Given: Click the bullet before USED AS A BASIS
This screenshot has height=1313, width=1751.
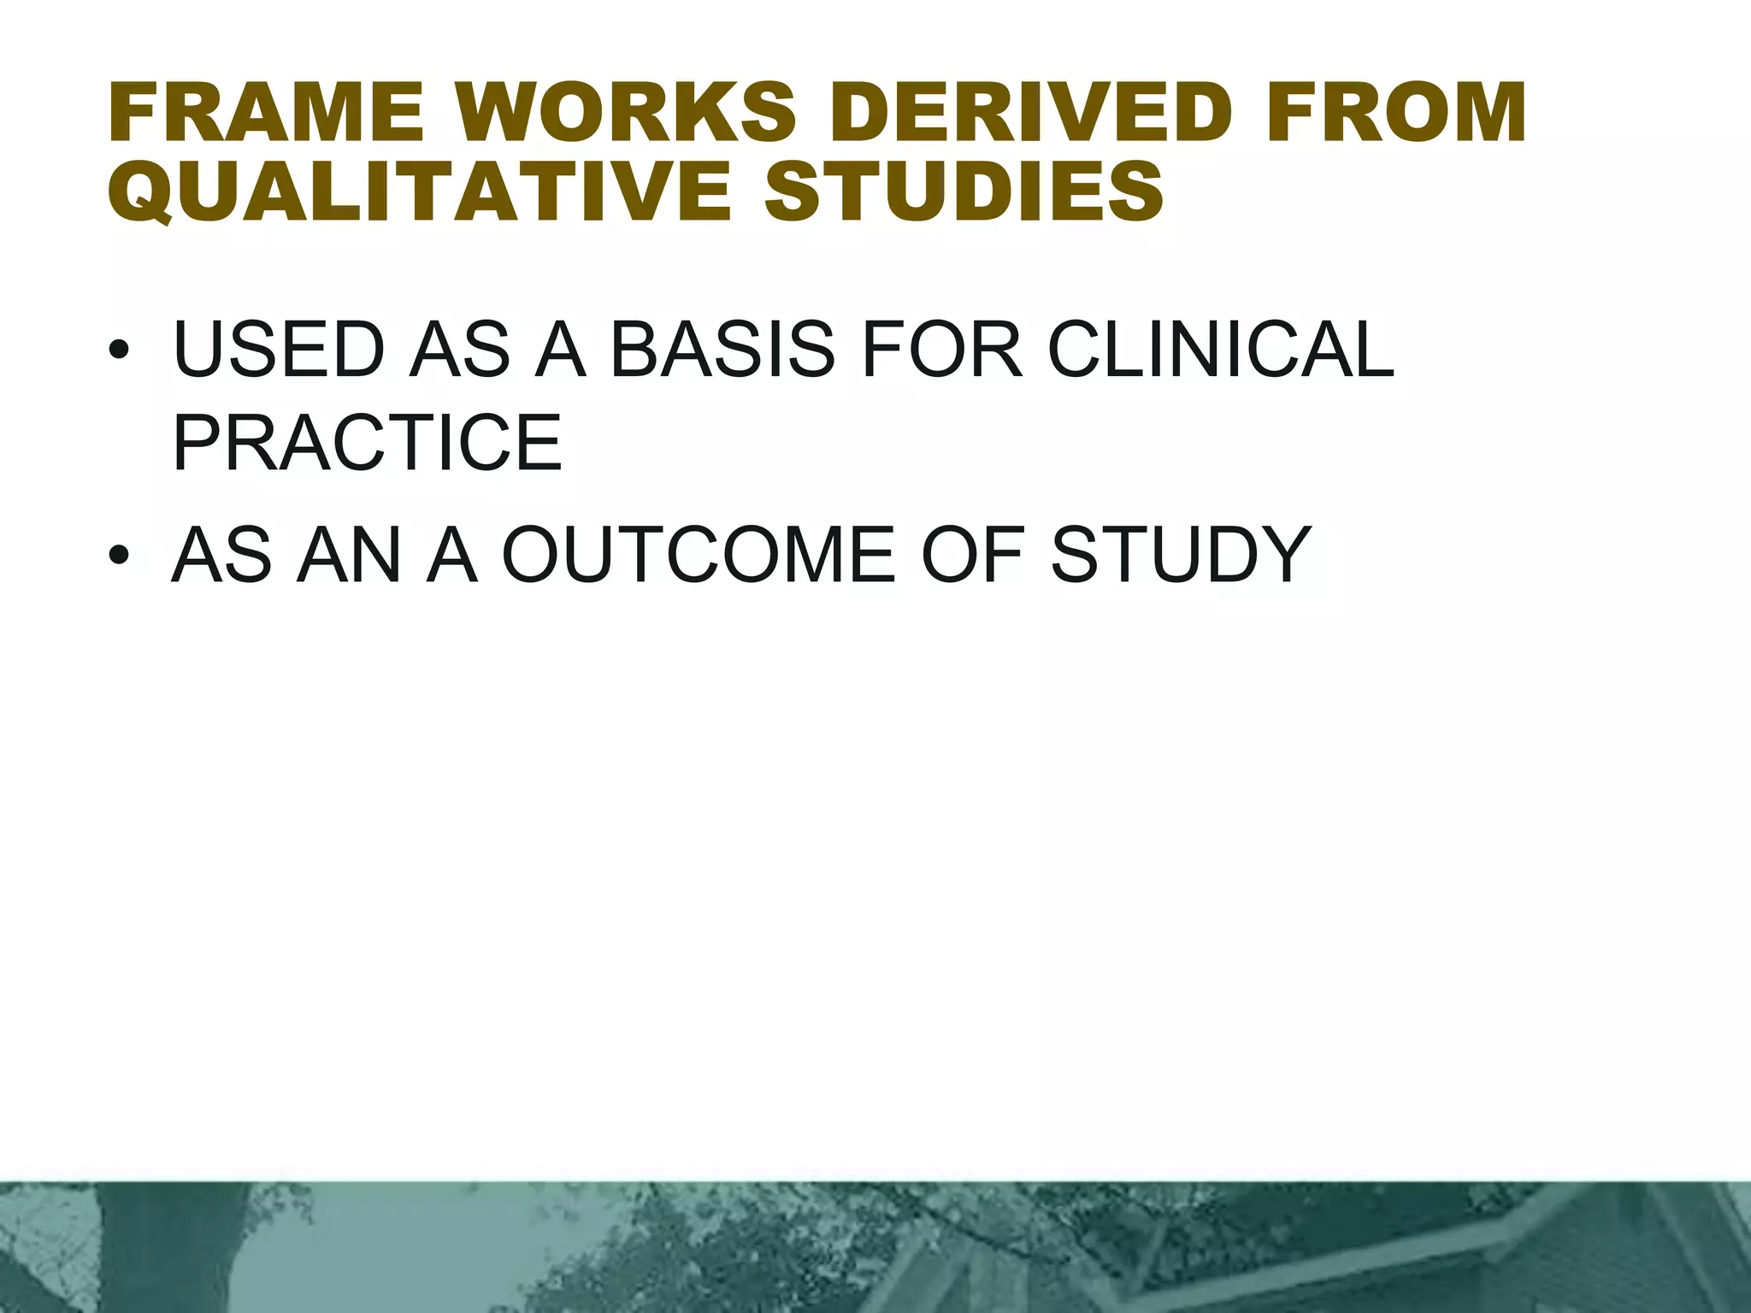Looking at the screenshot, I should tap(119, 352).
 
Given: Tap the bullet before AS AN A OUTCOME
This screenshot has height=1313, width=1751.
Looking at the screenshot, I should tap(119, 556).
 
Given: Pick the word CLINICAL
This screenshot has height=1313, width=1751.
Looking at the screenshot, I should tap(1221, 350).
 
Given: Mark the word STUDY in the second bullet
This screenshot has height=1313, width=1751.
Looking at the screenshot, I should tap(1181, 556).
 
